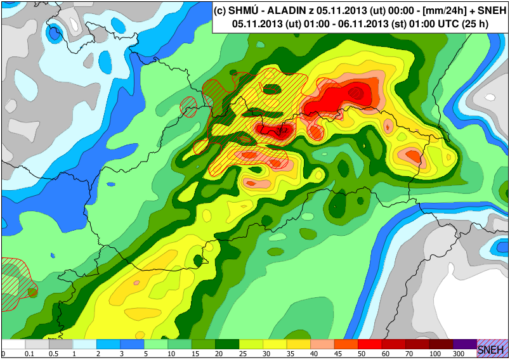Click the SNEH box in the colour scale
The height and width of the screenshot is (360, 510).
(492, 349)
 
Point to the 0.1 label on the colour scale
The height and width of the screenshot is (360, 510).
(29, 354)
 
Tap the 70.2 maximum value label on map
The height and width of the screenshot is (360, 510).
(282, 131)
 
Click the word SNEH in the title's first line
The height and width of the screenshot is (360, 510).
(488, 11)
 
